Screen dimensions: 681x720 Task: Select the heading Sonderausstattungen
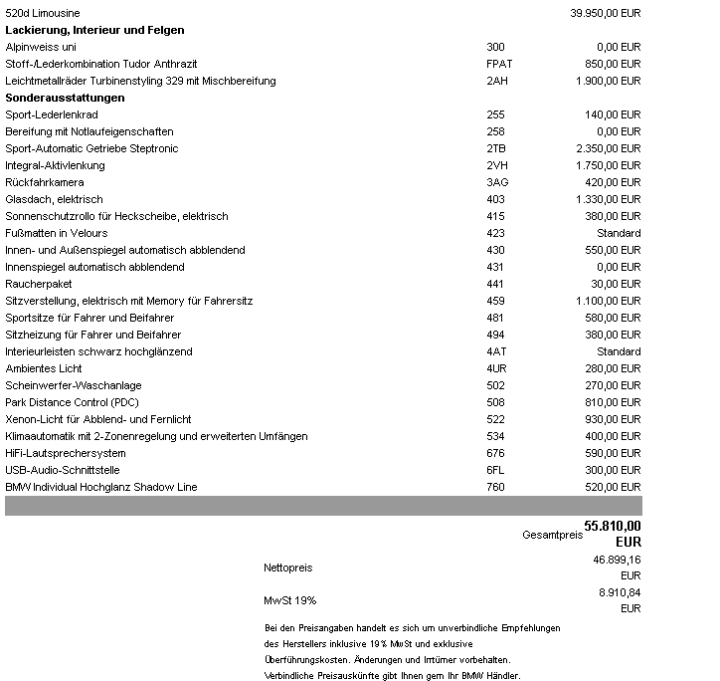point(65,98)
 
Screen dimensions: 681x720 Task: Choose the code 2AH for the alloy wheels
point(496,81)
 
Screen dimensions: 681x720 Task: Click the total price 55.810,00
point(613,526)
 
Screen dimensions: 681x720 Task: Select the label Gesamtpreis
point(550,535)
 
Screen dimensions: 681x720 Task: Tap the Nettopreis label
point(288,567)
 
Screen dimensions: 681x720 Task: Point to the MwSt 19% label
point(290,600)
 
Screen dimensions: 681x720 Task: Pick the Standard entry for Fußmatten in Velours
point(618,233)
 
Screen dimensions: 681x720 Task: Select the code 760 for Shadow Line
point(495,487)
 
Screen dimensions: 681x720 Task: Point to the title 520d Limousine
point(43,13)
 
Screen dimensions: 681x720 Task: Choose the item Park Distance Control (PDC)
point(73,402)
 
